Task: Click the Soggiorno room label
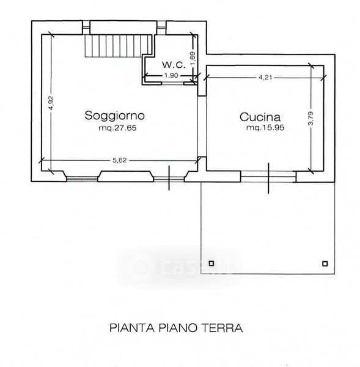pos(115,116)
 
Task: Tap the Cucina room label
pos(260,117)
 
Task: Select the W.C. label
pos(174,65)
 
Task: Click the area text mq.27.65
pos(117,128)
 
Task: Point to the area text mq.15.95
pos(265,128)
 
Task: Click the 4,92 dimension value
pos(51,103)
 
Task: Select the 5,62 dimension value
pos(120,160)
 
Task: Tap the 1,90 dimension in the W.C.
pos(171,75)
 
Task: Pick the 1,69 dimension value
pos(193,59)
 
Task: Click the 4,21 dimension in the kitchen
pos(265,77)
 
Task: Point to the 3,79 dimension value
pos(310,119)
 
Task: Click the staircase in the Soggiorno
pos(119,46)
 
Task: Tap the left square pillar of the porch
pos(211,264)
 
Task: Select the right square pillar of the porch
pos(325,264)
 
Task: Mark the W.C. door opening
pos(172,83)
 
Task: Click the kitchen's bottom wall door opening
pos(268,177)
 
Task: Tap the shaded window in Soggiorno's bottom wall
pos(82,179)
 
